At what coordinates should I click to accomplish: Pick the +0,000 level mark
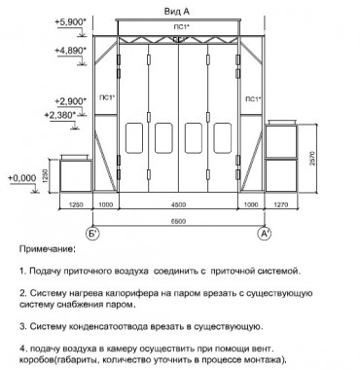click(20, 178)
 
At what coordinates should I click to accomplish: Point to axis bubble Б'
click(93, 234)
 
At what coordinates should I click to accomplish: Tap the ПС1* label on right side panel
click(252, 98)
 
